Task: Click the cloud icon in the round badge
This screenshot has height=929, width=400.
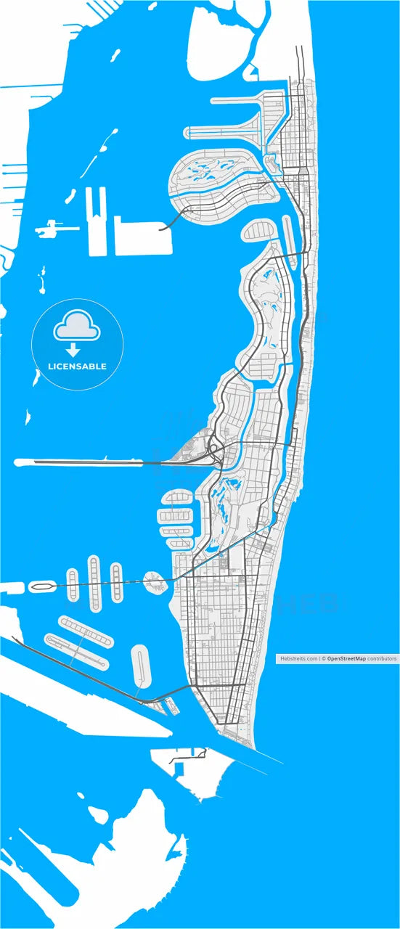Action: [76, 327]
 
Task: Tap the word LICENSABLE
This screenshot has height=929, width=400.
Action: [77, 367]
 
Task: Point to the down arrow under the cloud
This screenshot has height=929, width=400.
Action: [73, 351]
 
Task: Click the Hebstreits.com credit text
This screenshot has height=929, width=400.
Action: [298, 659]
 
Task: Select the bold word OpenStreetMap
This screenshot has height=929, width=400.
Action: [346, 659]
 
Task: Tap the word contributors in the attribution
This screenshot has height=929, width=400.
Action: [382, 659]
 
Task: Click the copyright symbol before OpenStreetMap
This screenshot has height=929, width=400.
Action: [324, 659]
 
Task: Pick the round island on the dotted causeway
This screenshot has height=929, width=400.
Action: [155, 581]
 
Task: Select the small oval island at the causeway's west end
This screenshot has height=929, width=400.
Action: [41, 585]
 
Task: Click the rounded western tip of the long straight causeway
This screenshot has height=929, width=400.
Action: [18, 462]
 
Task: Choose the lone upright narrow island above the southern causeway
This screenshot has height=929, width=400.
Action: [141, 666]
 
